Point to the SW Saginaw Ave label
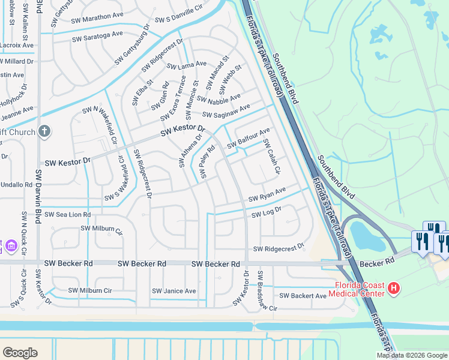tap(226, 111)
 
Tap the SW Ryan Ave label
tap(267, 194)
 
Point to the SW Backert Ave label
tap(303, 296)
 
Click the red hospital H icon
tap(393, 289)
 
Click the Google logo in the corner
tap(20, 352)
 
